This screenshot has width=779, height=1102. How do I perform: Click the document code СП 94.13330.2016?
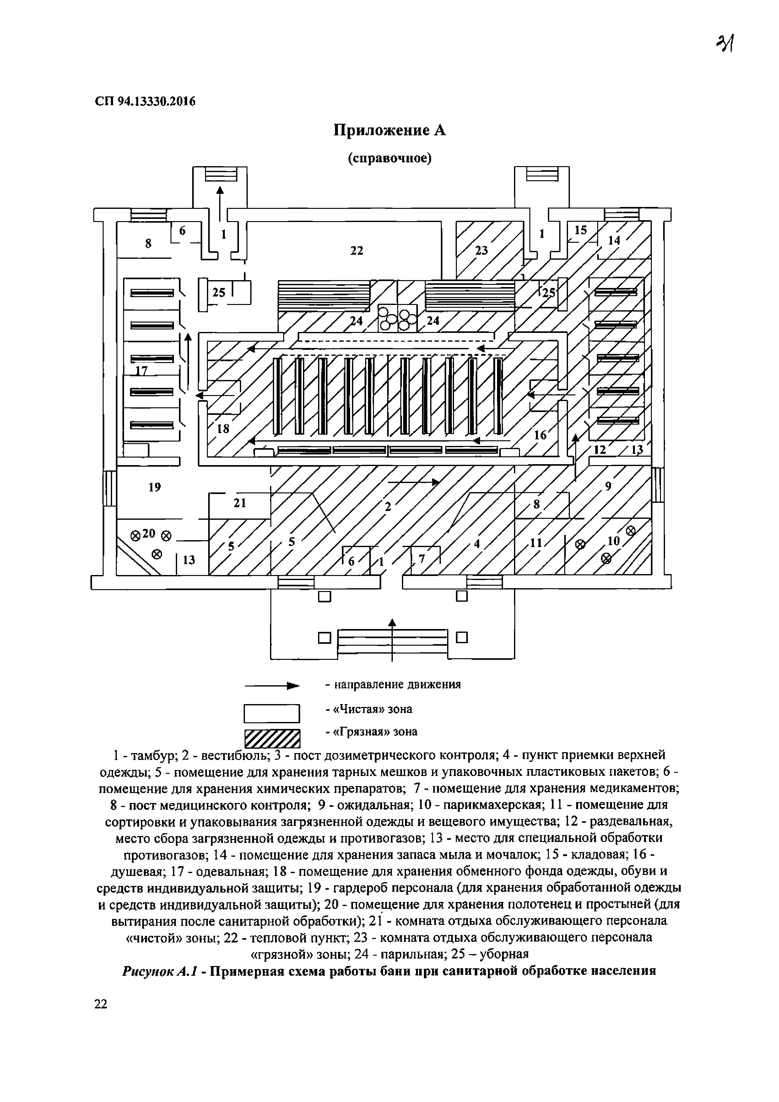point(145,101)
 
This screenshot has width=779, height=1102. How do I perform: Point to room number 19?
point(154,487)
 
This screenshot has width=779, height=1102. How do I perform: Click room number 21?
point(240,503)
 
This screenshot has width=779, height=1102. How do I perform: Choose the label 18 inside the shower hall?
point(223,429)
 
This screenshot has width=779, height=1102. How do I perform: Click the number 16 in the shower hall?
point(540,435)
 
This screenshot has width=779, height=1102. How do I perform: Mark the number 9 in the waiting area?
point(608,487)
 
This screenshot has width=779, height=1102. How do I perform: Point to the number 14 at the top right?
point(614,241)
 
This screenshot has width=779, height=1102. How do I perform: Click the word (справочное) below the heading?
point(389,158)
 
